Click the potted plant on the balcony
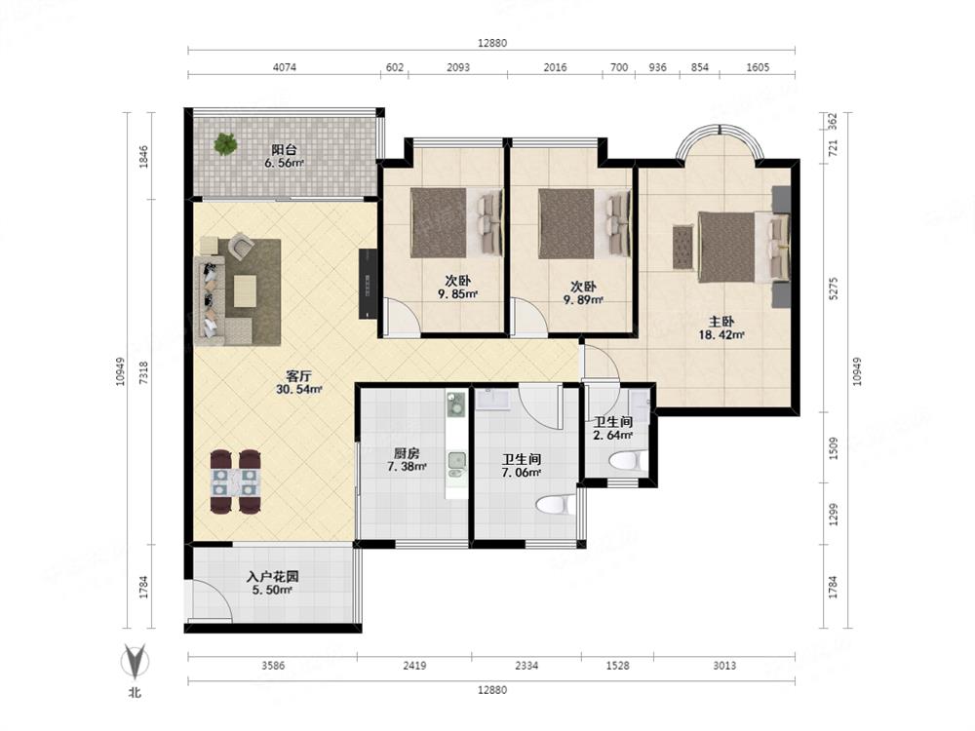click(225, 144)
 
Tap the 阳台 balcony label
click(284, 150)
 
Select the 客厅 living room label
click(298, 376)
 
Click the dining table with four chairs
click(236, 481)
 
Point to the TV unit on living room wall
click(369, 284)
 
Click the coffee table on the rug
click(245, 290)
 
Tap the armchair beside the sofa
click(241, 246)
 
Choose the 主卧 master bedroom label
click(721, 322)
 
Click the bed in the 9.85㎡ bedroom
click(456, 223)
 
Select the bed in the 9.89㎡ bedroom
click(584, 223)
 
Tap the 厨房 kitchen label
click(406, 453)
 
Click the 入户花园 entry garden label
click(272, 577)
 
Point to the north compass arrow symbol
click(135, 661)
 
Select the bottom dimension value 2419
click(414, 665)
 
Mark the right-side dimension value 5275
click(834, 288)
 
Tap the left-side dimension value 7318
click(143, 371)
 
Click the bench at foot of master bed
click(682, 247)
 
